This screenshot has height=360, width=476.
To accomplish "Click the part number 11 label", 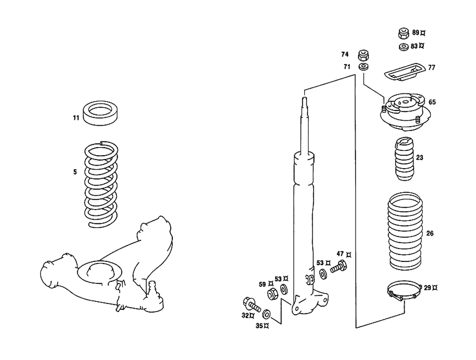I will coord(76,117).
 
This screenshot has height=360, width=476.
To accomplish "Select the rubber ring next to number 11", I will coord(101,113).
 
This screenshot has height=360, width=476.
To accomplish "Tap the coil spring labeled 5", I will coord(101,183).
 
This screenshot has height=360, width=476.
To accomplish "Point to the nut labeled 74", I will coord(364,54).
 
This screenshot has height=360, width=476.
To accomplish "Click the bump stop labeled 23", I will coord(404,159).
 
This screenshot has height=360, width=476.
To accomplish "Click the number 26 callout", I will coord(430,233).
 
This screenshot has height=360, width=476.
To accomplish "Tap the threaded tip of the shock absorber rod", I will coord(304,101).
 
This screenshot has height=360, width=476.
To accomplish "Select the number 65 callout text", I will coord(432,102).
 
